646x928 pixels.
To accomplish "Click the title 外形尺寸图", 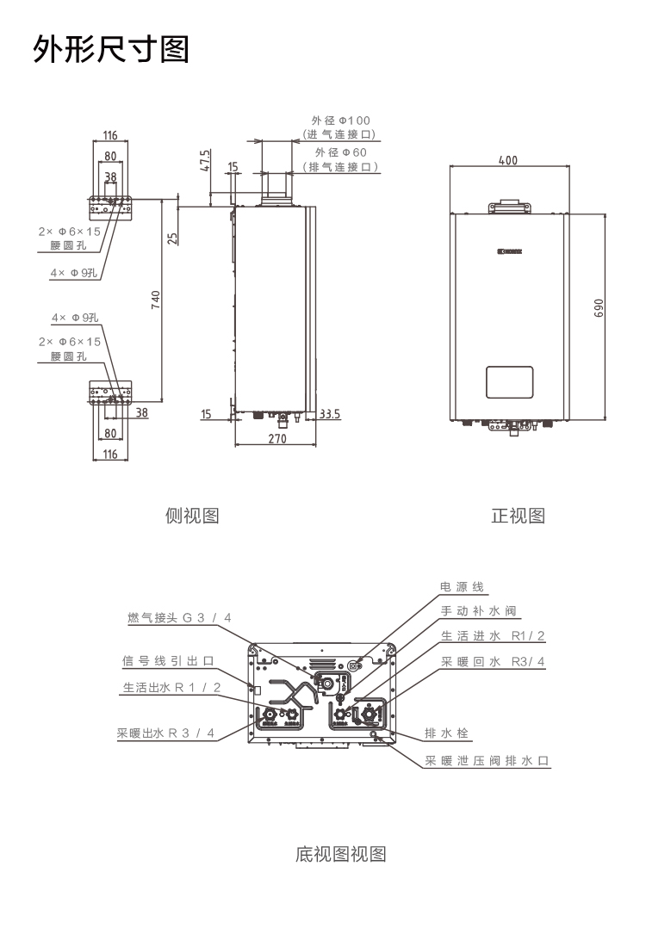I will tap(110, 50).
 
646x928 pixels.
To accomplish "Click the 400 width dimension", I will tap(507, 160).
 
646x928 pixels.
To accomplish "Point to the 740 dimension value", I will tap(156, 300).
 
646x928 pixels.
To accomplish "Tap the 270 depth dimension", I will tap(276, 438).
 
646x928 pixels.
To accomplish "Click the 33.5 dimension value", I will tap(330, 414).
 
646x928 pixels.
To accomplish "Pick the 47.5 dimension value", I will tap(206, 161).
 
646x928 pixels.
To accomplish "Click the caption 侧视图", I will tap(192, 516).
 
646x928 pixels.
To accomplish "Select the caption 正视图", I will tap(518, 516).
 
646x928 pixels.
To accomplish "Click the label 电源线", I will tap(463, 587).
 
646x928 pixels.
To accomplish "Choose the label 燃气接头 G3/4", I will tap(179, 618).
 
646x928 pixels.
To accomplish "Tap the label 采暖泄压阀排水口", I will tap(487, 761).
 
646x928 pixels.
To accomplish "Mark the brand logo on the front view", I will tap(510, 252).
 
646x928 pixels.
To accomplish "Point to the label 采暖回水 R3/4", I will tap(494, 661).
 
